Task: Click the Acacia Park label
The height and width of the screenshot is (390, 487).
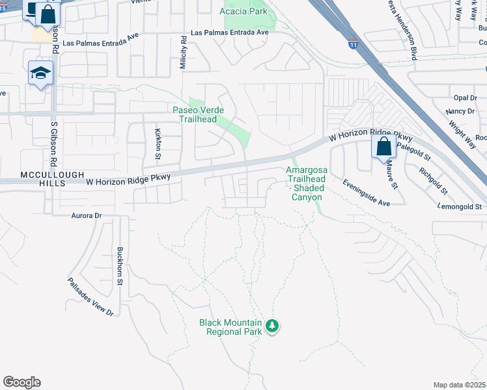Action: (244, 12)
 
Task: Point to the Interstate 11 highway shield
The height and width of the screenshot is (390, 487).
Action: (353, 44)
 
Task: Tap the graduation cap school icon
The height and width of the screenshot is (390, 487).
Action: (40, 73)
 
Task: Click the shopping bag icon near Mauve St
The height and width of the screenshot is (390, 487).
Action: (383, 146)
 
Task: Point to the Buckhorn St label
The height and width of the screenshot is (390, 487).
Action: (120, 266)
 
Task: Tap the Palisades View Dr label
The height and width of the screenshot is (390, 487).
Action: (90, 297)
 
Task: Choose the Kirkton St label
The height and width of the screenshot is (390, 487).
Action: (158, 144)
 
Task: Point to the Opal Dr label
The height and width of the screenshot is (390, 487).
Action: (465, 97)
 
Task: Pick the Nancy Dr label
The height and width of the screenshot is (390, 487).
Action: (456, 112)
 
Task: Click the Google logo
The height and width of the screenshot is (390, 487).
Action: (21, 382)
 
